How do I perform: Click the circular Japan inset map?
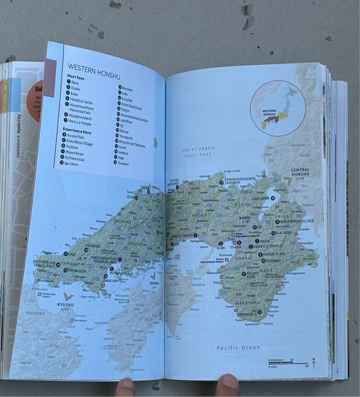click(278, 108)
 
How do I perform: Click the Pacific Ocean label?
click(238, 348)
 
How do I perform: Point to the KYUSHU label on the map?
click(65, 305)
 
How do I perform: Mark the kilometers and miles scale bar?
click(287, 363)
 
